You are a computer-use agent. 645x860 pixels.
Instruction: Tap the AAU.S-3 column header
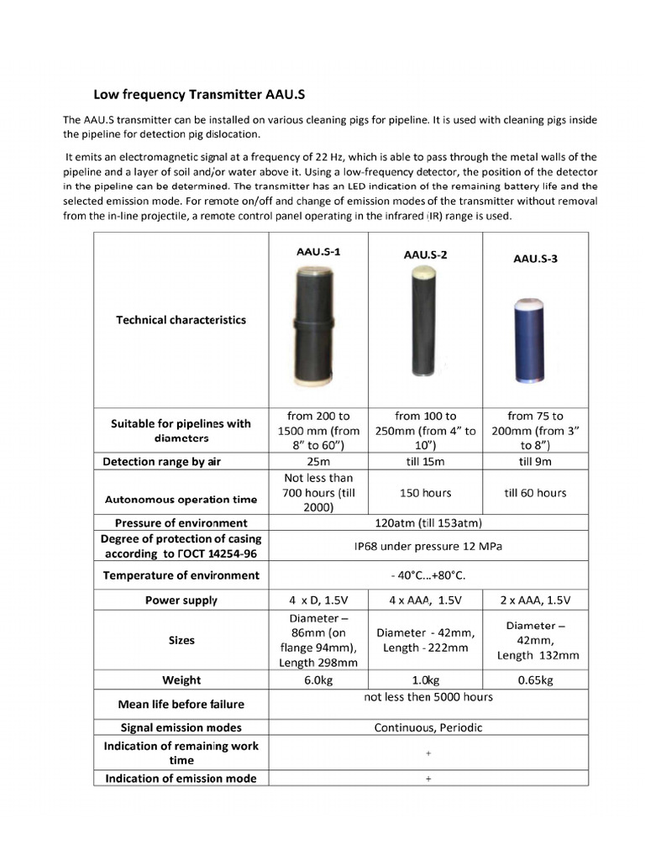[535, 259]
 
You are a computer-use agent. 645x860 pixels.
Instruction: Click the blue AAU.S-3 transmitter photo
[535, 338]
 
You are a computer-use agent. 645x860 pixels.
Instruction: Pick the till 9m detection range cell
[535, 462]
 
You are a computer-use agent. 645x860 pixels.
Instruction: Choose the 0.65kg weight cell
[535, 679]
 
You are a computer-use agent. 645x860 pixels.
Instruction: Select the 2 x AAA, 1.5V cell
[535, 600]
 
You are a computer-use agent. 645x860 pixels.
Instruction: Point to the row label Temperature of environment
[181, 575]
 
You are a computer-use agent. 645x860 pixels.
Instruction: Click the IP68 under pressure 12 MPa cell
[427, 545]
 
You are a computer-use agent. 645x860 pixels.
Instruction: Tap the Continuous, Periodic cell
[427, 727]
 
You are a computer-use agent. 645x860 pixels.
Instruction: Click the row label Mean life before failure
[181, 704]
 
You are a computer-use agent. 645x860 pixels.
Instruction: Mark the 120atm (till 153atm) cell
[427, 522]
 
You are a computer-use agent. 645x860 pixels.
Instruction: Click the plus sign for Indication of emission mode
[427, 779]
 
